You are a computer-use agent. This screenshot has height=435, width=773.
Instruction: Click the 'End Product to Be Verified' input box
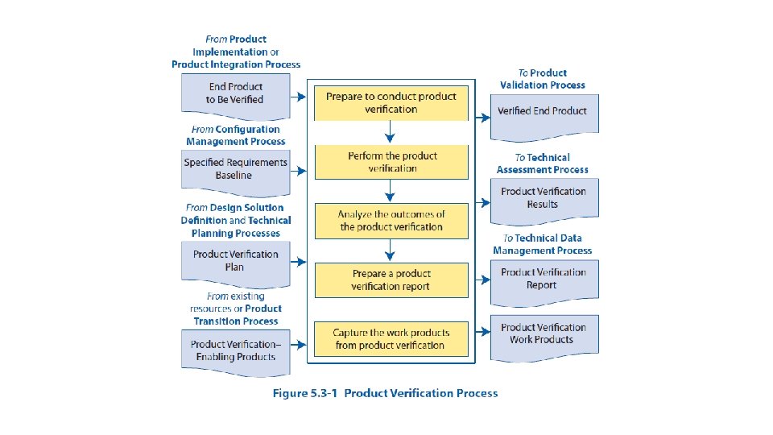[x=234, y=93]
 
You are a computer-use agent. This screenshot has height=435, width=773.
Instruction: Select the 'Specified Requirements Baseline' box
[x=234, y=169]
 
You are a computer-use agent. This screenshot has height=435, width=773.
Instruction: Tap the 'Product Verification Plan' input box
[x=234, y=260]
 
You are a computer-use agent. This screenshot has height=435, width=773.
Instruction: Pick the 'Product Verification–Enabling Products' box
[x=234, y=350]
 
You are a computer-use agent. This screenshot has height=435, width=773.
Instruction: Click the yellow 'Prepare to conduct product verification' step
[x=391, y=102]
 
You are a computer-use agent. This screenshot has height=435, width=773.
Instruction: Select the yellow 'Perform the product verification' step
[x=391, y=162]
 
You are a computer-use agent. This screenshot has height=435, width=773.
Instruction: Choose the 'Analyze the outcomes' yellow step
[x=391, y=221]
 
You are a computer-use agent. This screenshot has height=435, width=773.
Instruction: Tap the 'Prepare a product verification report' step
[x=391, y=280]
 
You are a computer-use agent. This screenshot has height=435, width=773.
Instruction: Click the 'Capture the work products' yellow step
[x=391, y=339]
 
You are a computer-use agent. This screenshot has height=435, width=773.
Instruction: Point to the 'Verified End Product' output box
[x=544, y=112]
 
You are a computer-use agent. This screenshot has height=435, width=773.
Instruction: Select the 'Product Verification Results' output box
[x=544, y=199]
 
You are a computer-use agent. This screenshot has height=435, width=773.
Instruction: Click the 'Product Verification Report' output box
[x=544, y=280]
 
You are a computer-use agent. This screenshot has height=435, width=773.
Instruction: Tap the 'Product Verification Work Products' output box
[x=544, y=334]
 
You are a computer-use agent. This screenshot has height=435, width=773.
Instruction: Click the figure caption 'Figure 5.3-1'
[x=385, y=393]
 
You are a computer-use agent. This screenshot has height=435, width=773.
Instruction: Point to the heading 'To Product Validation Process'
[x=543, y=79]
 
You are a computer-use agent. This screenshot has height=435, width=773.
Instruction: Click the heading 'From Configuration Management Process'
[x=235, y=135]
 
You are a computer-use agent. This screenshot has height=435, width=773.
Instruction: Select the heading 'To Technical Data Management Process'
[x=543, y=244]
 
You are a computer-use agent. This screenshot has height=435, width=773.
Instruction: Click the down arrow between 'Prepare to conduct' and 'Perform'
[x=390, y=131]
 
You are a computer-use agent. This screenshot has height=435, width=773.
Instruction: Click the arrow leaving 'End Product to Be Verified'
[x=297, y=97]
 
